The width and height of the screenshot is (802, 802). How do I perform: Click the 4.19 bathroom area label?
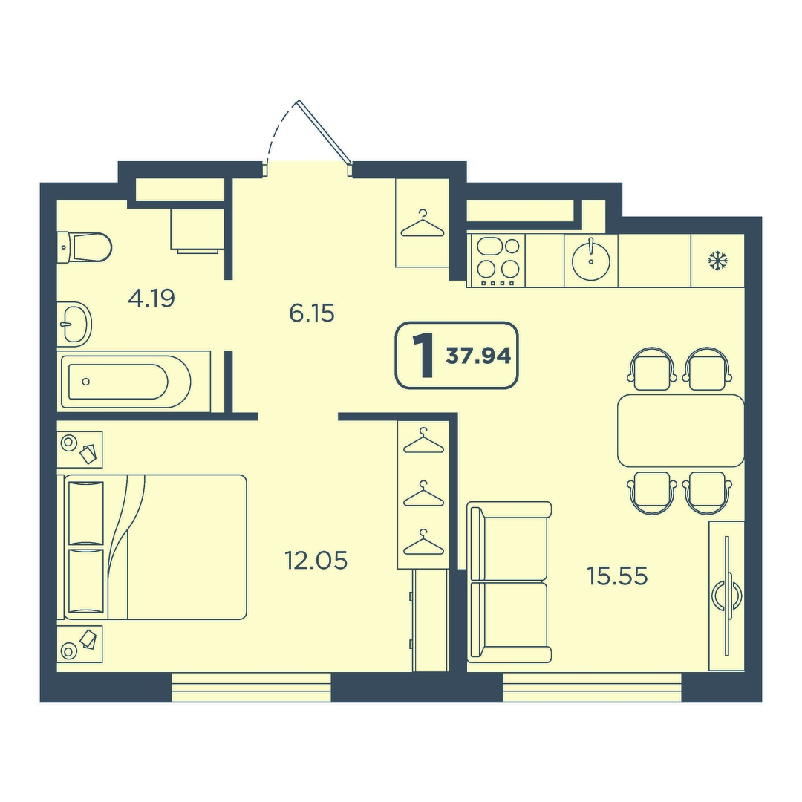point(151,299)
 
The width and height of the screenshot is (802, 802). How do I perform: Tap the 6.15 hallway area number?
point(311,313)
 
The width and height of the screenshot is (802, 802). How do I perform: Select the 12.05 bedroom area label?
point(316,561)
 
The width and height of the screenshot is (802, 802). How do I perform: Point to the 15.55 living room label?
point(617,576)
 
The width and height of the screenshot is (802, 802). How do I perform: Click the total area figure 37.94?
point(478,356)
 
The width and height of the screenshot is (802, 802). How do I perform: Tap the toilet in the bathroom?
point(84,247)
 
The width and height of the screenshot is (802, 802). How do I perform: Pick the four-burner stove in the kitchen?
point(498,261)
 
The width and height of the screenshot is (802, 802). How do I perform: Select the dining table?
point(681,431)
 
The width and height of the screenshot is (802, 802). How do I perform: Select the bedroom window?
point(251,688)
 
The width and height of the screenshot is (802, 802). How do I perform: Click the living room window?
point(593,688)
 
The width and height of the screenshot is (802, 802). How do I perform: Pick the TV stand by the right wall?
point(726,596)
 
